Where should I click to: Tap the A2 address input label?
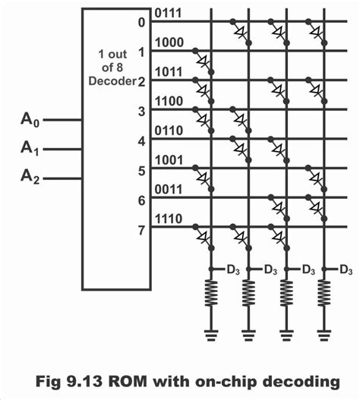[28, 178]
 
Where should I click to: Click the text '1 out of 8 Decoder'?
[117, 68]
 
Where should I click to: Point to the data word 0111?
[168, 14]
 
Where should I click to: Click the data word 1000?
[168, 43]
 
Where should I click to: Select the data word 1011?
[168, 74]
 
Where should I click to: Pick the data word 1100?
[168, 101]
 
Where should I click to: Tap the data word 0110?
[168, 131]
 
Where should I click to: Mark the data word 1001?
[168, 160]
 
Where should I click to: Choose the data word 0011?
[168, 190]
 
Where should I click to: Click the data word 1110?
[168, 219]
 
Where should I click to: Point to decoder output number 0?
[141, 22]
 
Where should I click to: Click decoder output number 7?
[141, 228]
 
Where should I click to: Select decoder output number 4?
[141, 140]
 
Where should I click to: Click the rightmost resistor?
[325, 295]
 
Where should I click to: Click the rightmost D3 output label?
[346, 269]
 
